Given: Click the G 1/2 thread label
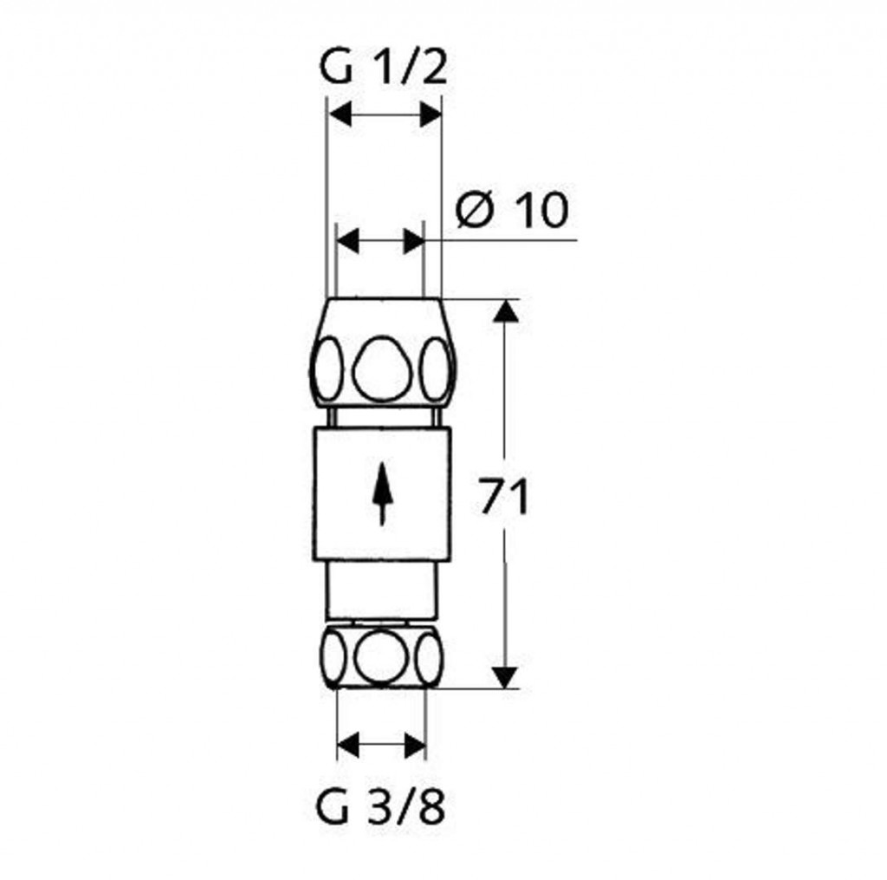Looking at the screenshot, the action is point(384,68).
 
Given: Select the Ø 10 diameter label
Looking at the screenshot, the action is point(511,210).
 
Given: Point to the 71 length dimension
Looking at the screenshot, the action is point(503,496).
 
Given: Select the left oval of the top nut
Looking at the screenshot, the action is point(328,369).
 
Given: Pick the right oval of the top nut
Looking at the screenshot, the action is point(437,369).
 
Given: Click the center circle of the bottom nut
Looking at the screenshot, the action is point(382,656).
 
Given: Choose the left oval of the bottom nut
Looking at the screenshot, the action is point(333,657).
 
